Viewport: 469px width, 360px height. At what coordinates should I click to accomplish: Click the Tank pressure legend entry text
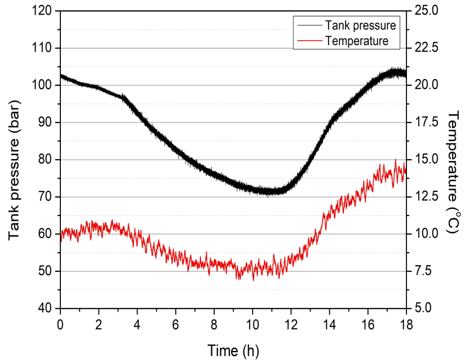(x=360, y=25)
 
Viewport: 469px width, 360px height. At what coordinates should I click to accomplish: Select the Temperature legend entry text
(x=357, y=41)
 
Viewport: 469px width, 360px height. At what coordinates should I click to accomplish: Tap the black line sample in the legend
(x=309, y=25)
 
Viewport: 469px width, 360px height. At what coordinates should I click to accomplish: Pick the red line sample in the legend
(x=309, y=41)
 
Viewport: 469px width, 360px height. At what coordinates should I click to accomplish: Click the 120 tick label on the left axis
(x=42, y=11)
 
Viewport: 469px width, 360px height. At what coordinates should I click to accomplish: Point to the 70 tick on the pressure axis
(x=45, y=197)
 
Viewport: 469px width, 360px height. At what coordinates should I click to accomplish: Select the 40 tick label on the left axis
(x=45, y=308)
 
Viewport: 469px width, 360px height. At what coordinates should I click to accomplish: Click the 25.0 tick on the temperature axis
(x=426, y=11)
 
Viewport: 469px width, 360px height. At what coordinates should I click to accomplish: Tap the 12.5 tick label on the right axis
(x=426, y=197)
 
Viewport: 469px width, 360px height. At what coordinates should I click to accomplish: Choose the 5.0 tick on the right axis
(x=423, y=308)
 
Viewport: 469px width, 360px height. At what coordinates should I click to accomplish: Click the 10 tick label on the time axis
(x=253, y=324)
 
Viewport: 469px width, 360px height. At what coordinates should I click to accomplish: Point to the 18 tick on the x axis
(x=406, y=324)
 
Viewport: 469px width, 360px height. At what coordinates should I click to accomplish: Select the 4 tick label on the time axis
(x=137, y=324)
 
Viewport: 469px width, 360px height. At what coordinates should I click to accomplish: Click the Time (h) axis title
(x=233, y=350)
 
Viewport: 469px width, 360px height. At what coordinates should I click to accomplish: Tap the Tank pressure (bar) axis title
(x=14, y=170)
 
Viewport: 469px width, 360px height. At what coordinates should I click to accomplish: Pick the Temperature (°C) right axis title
(x=453, y=172)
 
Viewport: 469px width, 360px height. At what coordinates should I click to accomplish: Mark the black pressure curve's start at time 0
(x=61, y=76)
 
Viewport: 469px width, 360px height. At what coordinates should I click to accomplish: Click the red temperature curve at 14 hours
(x=329, y=212)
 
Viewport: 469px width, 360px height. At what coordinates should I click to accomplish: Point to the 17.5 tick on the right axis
(x=426, y=122)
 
